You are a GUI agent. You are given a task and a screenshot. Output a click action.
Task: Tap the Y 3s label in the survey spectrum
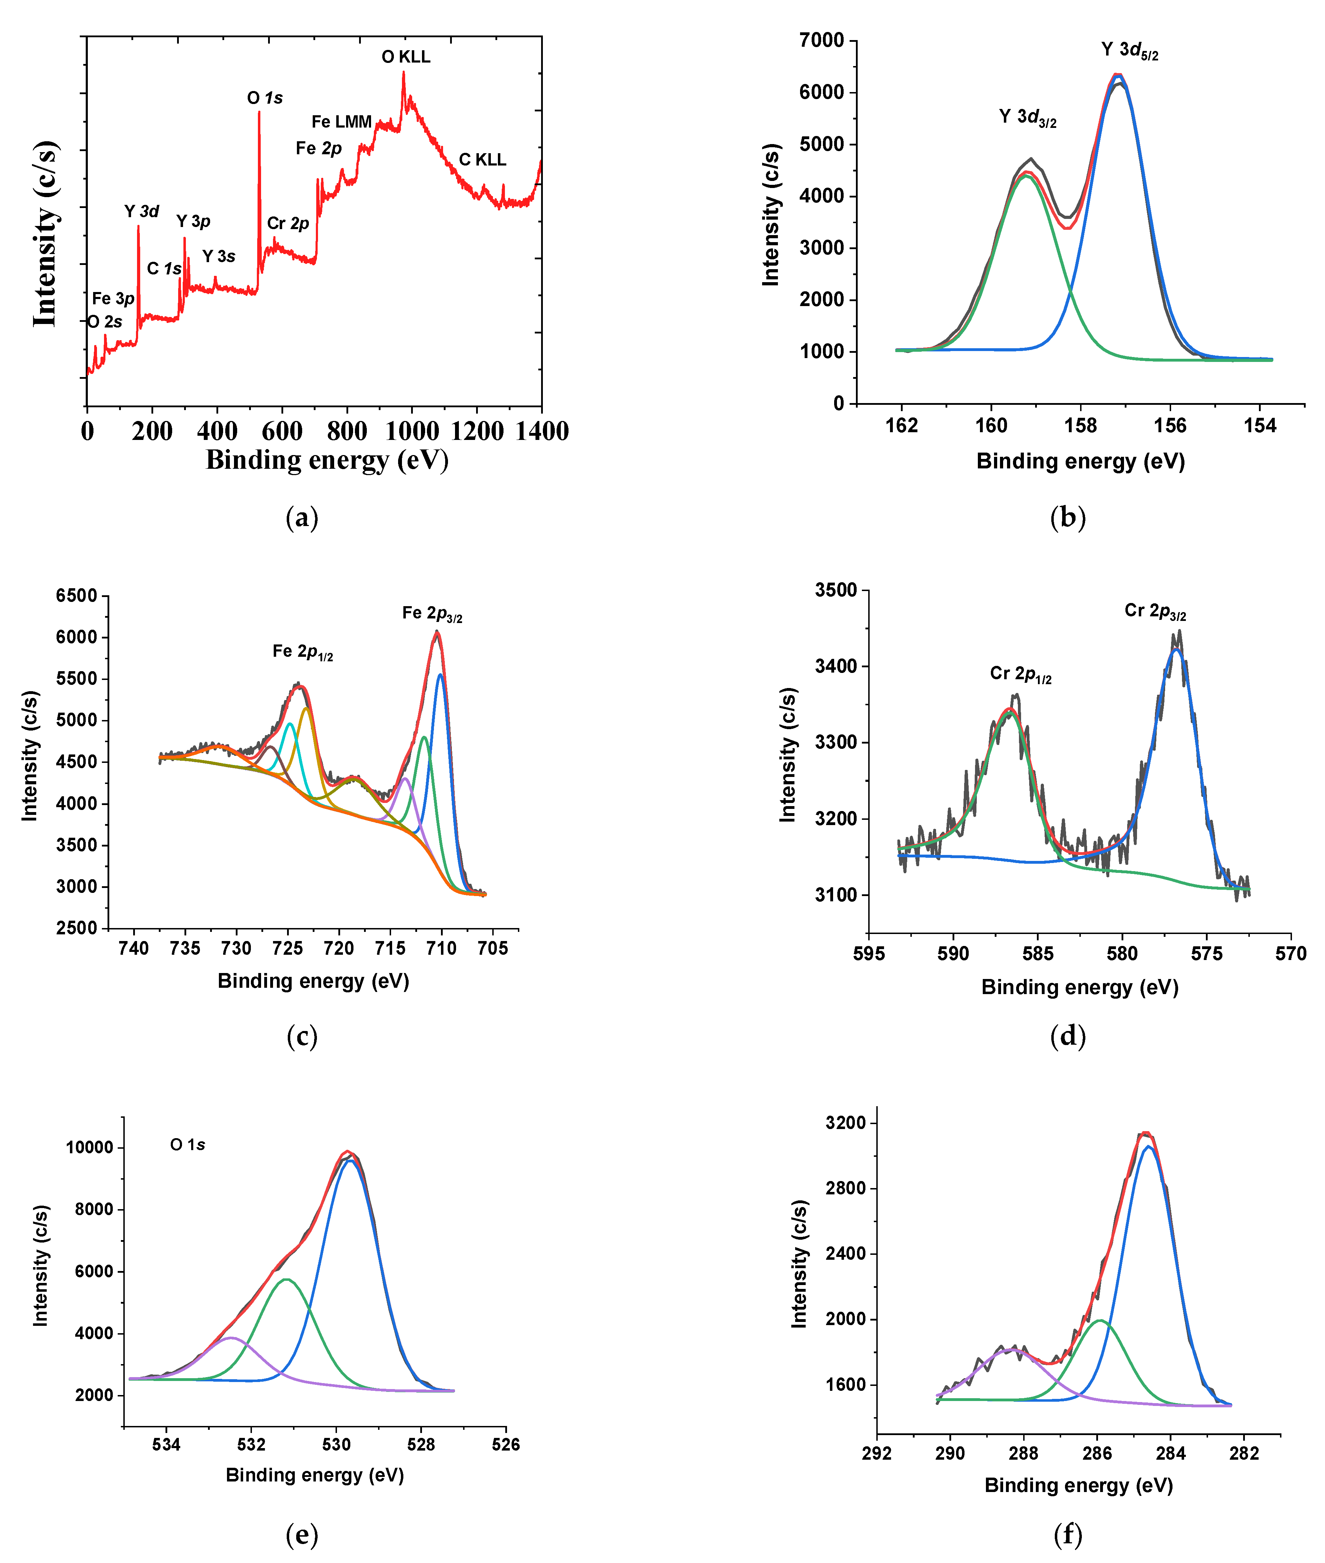click(x=219, y=257)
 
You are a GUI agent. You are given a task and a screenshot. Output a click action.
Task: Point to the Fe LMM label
click(x=342, y=122)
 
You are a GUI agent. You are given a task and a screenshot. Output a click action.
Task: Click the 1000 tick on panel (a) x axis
click(x=411, y=431)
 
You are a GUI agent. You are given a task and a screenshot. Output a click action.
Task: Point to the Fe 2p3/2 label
click(x=432, y=614)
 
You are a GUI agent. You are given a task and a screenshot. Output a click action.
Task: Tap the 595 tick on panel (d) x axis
click(x=869, y=954)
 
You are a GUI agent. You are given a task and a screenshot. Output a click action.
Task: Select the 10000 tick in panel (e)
click(x=89, y=1148)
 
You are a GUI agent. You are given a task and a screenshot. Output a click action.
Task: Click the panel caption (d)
click(x=1067, y=1036)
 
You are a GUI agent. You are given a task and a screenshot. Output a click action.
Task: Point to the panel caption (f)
click(x=1067, y=1534)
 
